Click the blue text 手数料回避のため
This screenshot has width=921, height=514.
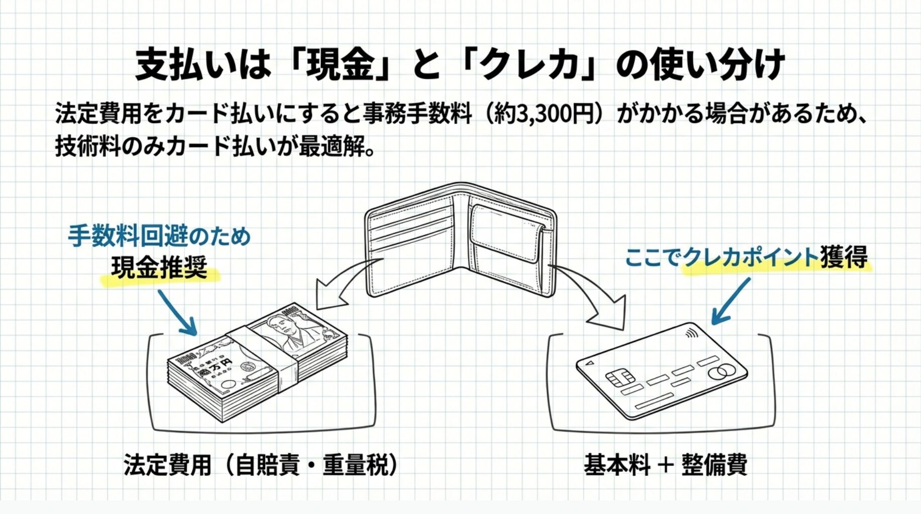tap(159, 236)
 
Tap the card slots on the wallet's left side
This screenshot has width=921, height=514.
tap(409, 231)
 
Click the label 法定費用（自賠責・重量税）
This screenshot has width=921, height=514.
tap(261, 465)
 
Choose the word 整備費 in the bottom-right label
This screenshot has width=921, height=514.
tap(714, 465)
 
